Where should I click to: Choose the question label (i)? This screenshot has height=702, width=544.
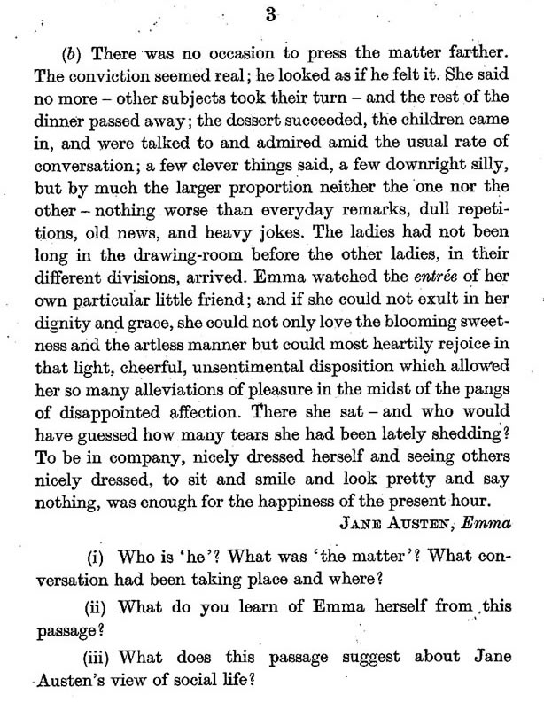[97, 560]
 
